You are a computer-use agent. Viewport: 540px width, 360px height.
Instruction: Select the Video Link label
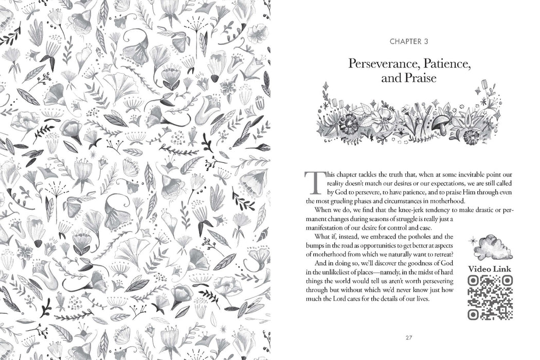(x=490, y=268)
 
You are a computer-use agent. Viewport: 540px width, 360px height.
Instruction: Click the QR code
(x=490, y=297)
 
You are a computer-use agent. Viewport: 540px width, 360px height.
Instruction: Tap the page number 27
(x=409, y=338)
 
